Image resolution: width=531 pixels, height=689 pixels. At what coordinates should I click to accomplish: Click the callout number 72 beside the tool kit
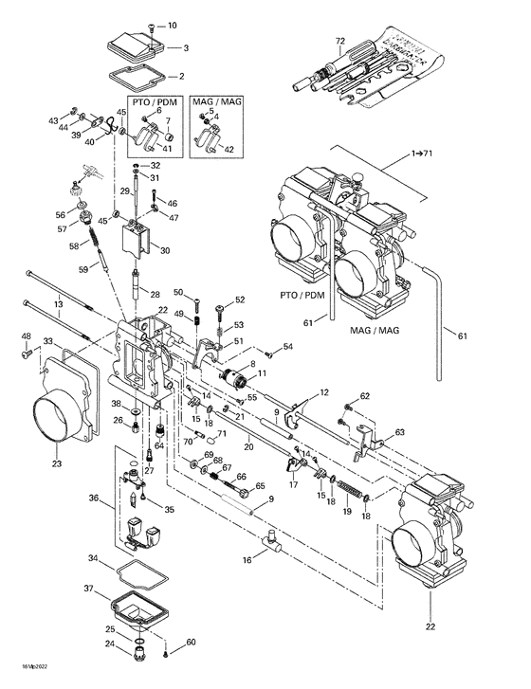click(x=339, y=42)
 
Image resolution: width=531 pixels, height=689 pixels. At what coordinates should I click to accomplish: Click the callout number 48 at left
click(x=27, y=336)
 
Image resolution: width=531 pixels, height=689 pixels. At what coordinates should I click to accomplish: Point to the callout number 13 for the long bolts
click(x=58, y=304)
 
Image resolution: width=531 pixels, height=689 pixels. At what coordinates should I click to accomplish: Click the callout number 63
click(x=399, y=432)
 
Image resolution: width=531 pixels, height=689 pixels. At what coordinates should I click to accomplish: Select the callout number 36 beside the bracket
click(x=93, y=498)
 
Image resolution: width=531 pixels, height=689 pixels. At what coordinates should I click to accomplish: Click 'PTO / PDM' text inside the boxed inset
click(x=151, y=100)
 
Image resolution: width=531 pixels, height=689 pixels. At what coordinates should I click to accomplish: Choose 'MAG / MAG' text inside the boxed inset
click(x=214, y=100)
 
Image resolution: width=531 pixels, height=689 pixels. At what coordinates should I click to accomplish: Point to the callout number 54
click(x=288, y=348)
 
